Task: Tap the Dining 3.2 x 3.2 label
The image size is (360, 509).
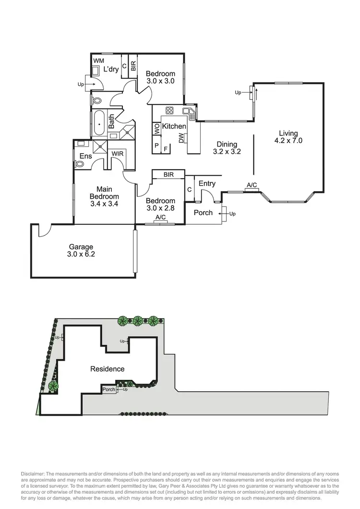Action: click(226, 147)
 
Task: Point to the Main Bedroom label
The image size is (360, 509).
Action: click(104, 193)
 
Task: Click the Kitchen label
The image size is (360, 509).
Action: click(174, 126)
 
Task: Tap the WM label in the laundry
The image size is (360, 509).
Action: click(98, 61)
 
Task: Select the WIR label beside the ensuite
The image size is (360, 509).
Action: click(118, 153)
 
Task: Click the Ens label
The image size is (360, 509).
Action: click(85, 156)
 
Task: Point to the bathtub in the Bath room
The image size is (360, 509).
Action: click(99, 124)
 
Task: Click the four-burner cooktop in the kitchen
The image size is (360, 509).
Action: click(169, 109)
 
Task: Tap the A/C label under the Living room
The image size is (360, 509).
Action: click(252, 185)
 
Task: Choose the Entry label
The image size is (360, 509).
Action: click(207, 183)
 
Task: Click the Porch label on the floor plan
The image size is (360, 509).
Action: click(203, 212)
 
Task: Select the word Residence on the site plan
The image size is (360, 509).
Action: click(108, 369)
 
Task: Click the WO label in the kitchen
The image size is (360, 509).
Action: click(157, 129)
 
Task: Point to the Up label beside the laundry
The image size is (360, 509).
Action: click(80, 85)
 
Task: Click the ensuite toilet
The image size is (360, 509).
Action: click(80, 164)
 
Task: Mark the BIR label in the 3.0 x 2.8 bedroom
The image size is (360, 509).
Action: click(168, 175)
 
